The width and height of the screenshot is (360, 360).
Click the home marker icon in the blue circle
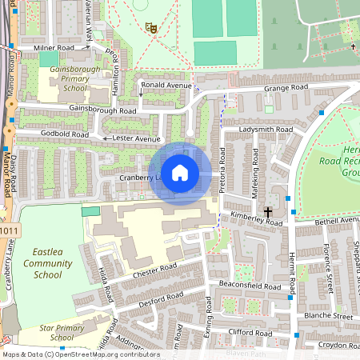pyautogui.click(x=180, y=173)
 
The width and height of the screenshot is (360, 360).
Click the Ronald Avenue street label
pyautogui.click(x=166, y=84)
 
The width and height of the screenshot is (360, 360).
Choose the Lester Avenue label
pyautogui.click(x=137, y=138)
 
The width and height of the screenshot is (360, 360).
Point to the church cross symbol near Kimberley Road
pyautogui.click(x=267, y=209)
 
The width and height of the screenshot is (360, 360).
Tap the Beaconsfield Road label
pyautogui.click(x=249, y=286)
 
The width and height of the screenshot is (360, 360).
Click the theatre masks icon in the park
pyautogui.click(x=150, y=27)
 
